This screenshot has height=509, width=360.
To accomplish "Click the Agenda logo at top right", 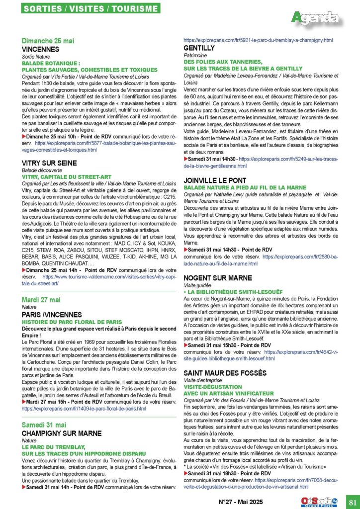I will (316, 18).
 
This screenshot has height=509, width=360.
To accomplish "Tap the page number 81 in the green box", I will (351, 501).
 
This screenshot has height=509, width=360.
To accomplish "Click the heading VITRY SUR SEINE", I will (49, 163).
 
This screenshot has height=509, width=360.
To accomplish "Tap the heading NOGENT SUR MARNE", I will (217, 278).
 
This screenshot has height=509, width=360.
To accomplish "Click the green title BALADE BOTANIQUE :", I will (51, 64).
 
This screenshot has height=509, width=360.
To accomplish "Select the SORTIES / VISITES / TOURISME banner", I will (91, 9).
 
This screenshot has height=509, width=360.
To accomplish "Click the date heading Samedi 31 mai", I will (44, 424).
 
